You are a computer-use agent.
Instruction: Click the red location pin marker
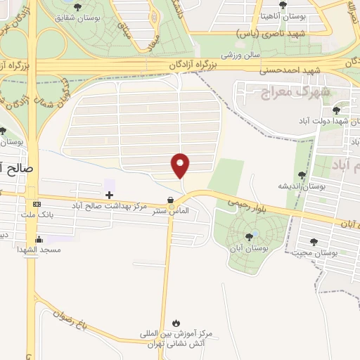pyautogui.click(x=181, y=165)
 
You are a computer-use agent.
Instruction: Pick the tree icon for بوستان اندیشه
pyautogui.click(x=302, y=175)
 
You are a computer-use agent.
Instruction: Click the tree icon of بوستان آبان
pyautogui.click(x=249, y=237)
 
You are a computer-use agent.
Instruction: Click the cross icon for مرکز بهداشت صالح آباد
pyautogui.click(x=109, y=194)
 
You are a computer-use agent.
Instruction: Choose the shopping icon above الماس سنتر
pyautogui.click(x=171, y=199)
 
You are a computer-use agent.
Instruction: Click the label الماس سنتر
pyautogui.click(x=171, y=210)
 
